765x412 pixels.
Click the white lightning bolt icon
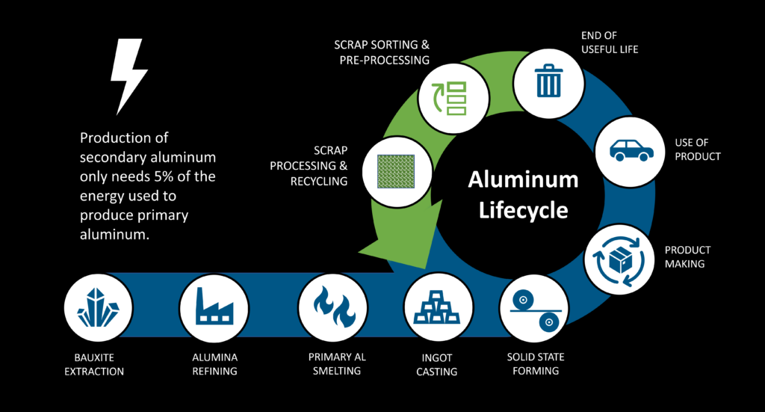(x=128, y=76)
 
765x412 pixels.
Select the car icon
(x=631, y=149)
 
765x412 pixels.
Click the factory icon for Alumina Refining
(x=214, y=307)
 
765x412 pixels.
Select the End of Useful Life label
(x=610, y=43)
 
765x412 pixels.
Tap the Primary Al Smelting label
(x=337, y=364)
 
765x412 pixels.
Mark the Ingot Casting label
(x=436, y=365)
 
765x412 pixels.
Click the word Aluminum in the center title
(x=523, y=179)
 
